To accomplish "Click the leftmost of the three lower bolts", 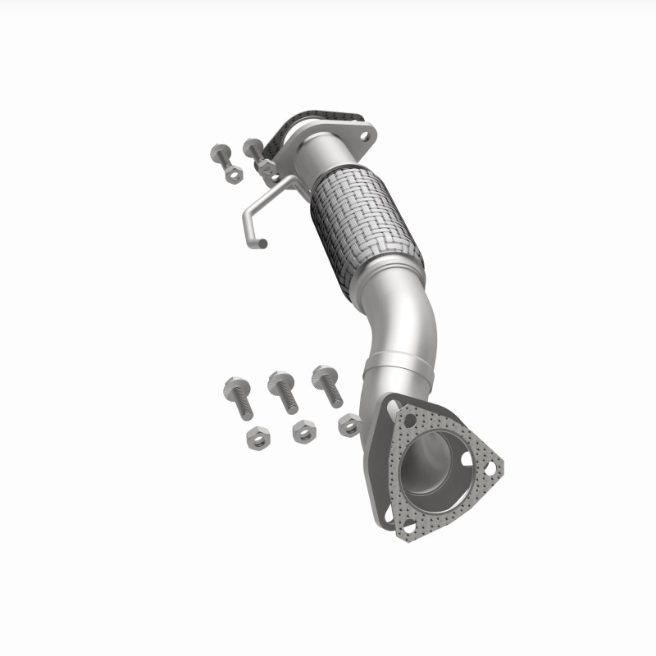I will [238, 397].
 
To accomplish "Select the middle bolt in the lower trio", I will [282, 390].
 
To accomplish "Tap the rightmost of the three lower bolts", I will [327, 385].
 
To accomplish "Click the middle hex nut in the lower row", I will [304, 430].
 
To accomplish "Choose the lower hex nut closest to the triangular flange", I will [349, 424].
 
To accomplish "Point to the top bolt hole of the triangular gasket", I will [409, 419].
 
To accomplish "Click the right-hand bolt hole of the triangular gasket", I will [490, 467].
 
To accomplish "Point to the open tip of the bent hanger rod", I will [262, 243].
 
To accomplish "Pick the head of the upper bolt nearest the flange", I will [253, 148].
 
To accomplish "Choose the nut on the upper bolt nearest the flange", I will [266, 167].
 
